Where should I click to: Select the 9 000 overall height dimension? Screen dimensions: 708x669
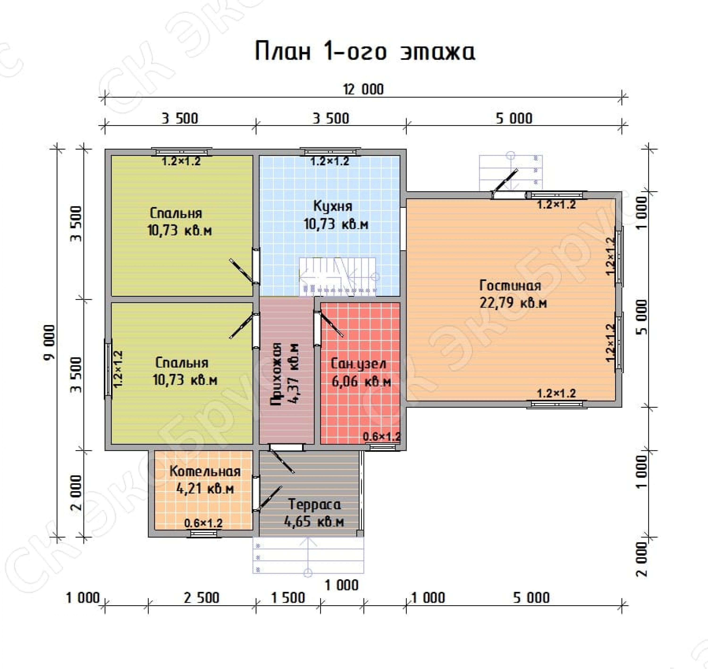point(50,343)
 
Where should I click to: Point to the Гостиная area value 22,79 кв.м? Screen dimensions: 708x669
point(513,303)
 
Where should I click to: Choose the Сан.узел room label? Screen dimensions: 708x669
point(358,364)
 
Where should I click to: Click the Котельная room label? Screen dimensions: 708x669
point(205,471)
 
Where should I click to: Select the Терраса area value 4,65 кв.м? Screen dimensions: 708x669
point(314,522)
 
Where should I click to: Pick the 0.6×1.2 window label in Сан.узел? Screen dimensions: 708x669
point(382,436)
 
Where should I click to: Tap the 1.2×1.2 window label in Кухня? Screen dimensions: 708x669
point(329,161)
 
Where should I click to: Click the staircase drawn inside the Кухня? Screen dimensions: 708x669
point(338,276)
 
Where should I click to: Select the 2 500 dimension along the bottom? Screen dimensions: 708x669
point(201,598)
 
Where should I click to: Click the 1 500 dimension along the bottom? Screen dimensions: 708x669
point(288,598)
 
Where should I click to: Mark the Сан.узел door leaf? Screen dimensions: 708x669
point(331,324)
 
